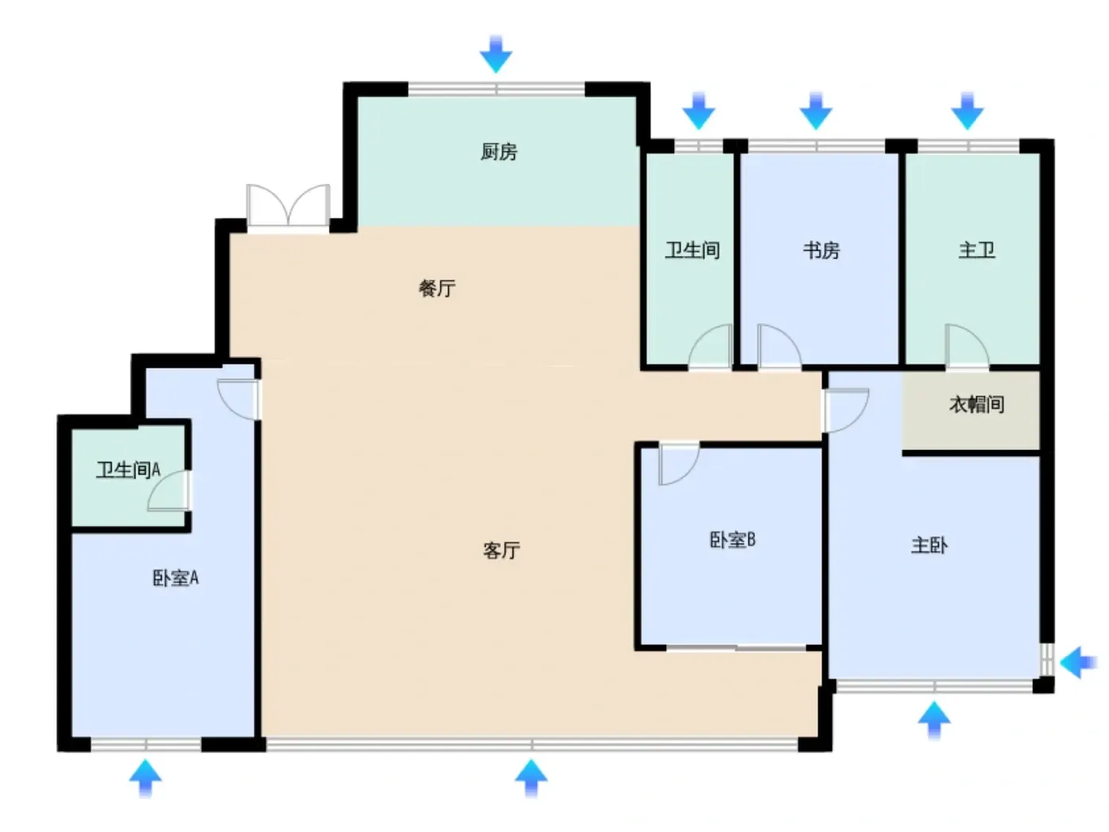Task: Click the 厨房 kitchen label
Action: pos(498,151)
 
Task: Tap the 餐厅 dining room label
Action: pos(436,288)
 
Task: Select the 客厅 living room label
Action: pos(501,550)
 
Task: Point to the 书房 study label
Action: pos(821,250)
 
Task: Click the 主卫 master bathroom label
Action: pos(976,250)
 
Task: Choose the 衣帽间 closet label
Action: pos(976,405)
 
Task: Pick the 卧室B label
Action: pos(732,540)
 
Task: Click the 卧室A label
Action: pos(175,578)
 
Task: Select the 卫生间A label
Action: pos(128,470)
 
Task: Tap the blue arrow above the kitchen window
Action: pos(496,55)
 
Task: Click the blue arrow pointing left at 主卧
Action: pos(1077,662)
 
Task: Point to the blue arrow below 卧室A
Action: pos(146,778)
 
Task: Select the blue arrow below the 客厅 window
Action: pos(531,778)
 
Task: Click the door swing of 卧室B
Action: pos(679,464)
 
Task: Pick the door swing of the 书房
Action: pos(779,346)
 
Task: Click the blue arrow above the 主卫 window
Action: pos(966,111)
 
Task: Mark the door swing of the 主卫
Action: pos(966,346)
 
